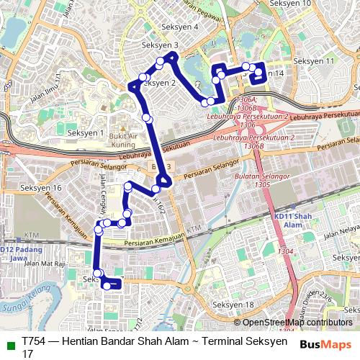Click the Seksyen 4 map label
(181, 27)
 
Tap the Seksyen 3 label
(160, 45)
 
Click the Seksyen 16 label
(41, 188)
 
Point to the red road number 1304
(286, 251)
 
